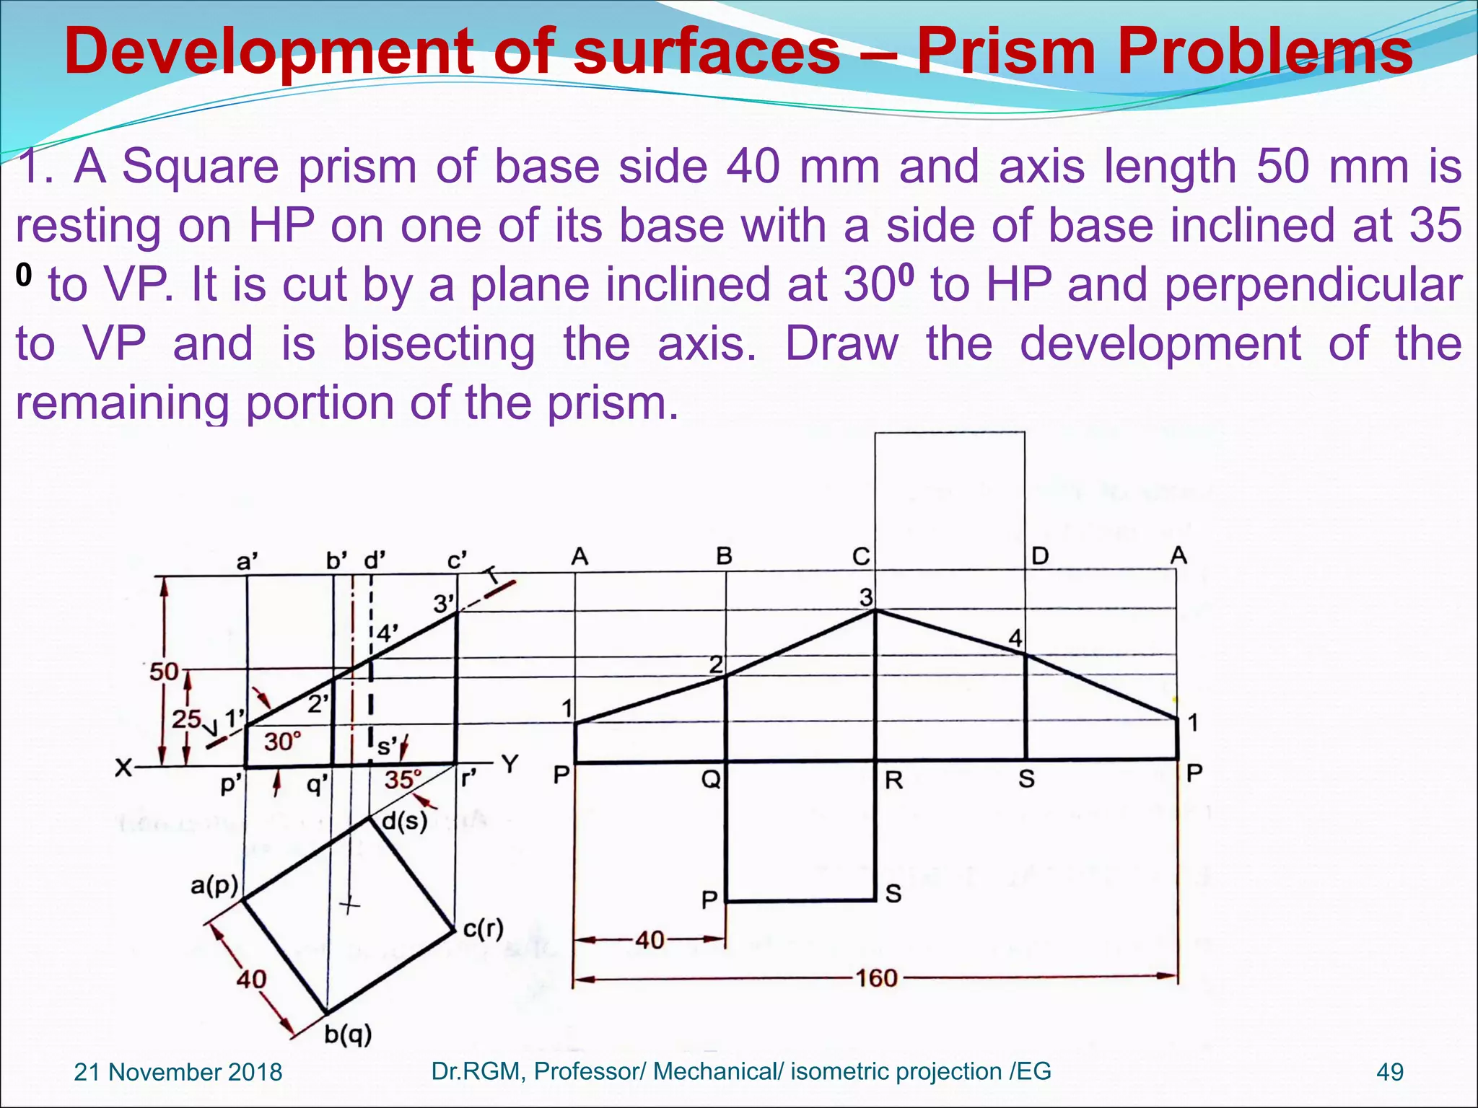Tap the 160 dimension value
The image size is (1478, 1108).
[x=876, y=978]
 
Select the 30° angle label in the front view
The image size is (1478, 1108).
[x=281, y=742]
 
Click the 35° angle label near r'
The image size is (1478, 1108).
[x=402, y=780]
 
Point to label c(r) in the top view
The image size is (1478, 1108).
[x=483, y=928]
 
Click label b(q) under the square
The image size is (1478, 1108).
[x=348, y=1034]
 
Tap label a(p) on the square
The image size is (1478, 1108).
[x=214, y=885]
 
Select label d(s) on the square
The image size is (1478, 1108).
[x=404, y=821]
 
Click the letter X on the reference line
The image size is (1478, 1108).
[x=124, y=768]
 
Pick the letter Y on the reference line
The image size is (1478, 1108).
[x=510, y=764]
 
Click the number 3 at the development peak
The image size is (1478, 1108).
[x=866, y=597]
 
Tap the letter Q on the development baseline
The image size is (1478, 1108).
[x=711, y=780]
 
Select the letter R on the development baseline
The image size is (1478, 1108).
[x=893, y=780]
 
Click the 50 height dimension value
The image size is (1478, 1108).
[x=164, y=672]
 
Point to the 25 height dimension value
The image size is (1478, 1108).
[x=186, y=718]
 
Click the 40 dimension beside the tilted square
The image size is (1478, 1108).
[x=252, y=980]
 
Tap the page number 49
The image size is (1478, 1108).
[x=1390, y=1072]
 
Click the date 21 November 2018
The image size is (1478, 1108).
[x=178, y=1072]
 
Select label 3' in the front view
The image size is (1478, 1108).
[x=444, y=604]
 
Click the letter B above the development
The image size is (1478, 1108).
[x=724, y=556]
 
